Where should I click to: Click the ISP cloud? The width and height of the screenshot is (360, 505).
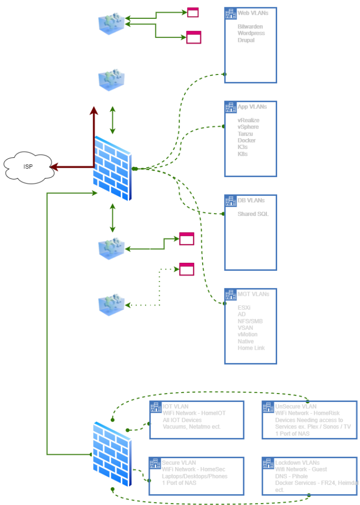pyautogui.click(x=29, y=167)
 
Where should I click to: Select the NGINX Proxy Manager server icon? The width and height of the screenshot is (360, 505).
pyautogui.click(x=111, y=24)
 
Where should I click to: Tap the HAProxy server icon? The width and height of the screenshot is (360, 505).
pyautogui.click(x=111, y=305)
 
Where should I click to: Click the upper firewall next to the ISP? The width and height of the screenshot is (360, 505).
pyautogui.click(x=112, y=168)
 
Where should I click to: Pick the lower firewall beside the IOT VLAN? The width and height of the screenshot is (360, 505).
pyautogui.click(x=112, y=454)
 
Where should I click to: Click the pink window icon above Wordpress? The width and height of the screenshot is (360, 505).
pyautogui.click(x=194, y=37)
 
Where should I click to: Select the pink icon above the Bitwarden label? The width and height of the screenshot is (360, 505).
pyautogui.click(x=193, y=13)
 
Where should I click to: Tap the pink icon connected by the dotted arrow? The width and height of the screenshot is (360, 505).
pyautogui.click(x=186, y=269)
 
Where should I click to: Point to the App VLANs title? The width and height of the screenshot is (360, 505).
pyautogui.click(x=252, y=107)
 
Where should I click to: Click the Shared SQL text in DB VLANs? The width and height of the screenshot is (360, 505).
pyautogui.click(x=253, y=214)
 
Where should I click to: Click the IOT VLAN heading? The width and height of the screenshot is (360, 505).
pyautogui.click(x=175, y=406)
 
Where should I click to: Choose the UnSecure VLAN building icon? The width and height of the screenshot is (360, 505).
pyautogui.click(x=268, y=407)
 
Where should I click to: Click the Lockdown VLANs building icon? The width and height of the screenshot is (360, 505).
pyautogui.click(x=268, y=463)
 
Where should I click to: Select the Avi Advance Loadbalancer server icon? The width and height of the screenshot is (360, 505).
pyautogui.click(x=111, y=249)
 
